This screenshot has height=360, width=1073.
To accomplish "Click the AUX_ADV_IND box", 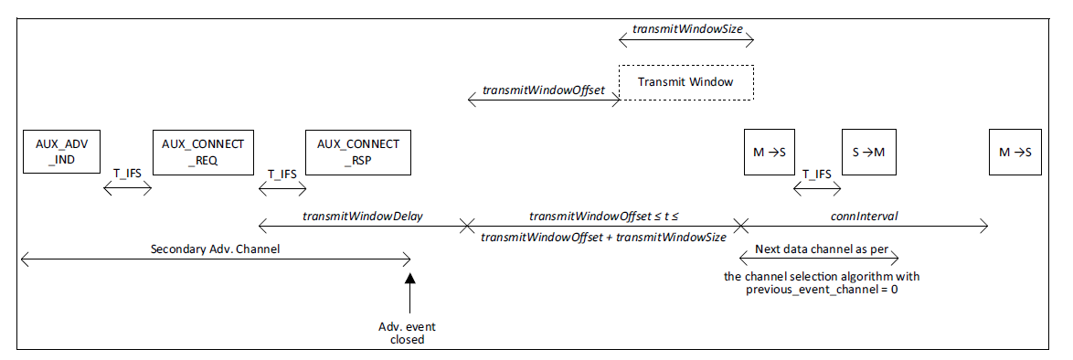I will tap(61, 153).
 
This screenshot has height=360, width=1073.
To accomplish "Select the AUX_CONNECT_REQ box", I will tap(203, 153).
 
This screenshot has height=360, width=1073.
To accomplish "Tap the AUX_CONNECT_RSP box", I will tap(358, 153).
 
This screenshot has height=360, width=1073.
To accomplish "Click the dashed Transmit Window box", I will tap(685, 82).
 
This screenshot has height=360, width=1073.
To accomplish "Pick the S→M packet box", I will tap(868, 153).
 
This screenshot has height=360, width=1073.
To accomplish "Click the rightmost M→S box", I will tap(1015, 153).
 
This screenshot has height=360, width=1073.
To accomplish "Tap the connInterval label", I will tap(864, 217).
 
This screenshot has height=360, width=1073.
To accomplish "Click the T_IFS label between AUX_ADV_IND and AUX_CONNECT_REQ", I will tap(127, 173).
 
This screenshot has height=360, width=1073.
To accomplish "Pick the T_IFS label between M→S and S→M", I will tap(816, 173).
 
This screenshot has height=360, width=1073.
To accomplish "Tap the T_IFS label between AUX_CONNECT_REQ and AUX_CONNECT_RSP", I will tap(282, 173).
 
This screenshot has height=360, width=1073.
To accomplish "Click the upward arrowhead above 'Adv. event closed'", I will tap(410, 280).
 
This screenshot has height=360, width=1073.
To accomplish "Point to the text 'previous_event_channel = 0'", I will tap(815, 290).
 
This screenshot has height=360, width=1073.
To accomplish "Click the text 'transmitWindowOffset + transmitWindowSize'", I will tap(603, 237).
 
